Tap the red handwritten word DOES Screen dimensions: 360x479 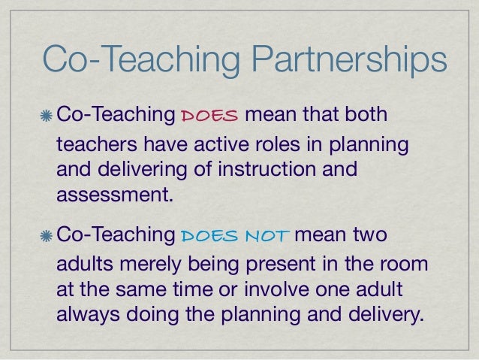pyautogui.click(x=210, y=116)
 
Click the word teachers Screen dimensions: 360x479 pyautogui.click(x=91, y=144)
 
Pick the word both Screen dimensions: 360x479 pyautogui.click(x=366, y=116)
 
